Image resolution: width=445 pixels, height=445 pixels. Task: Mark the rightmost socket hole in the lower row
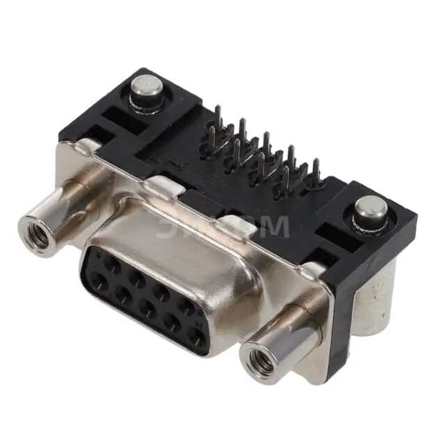tap(199, 339)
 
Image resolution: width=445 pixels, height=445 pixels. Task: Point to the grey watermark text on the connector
tap(222, 226)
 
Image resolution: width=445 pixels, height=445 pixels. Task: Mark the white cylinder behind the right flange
tap(375, 299)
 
